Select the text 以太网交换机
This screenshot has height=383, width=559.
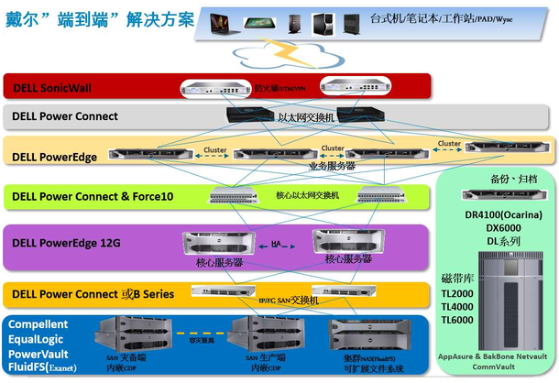point(307,118)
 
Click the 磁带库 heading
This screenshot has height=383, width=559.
point(458,276)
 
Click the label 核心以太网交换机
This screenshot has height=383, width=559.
point(308,196)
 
